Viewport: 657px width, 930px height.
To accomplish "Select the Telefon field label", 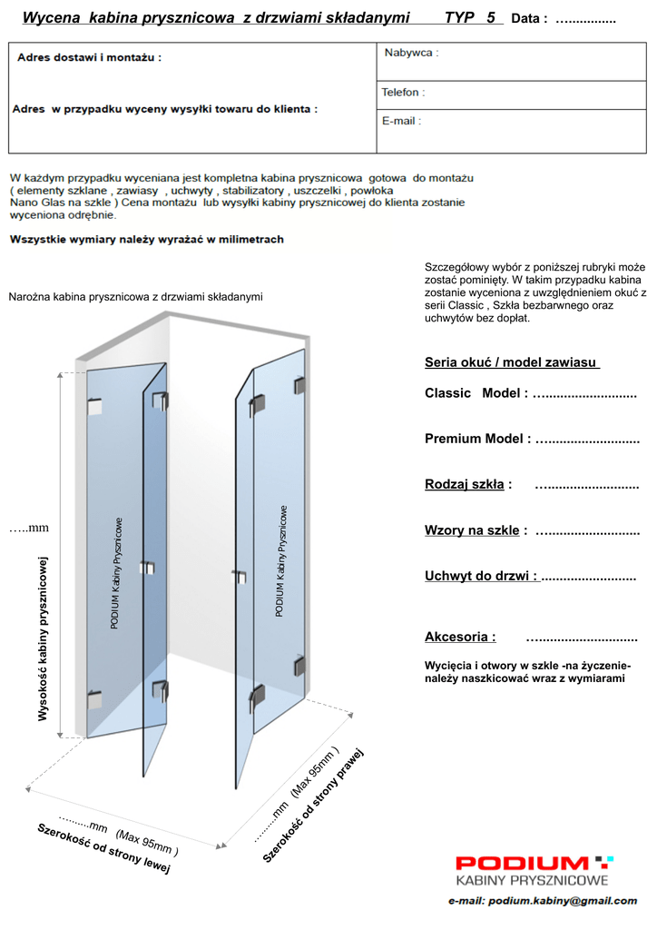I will (x=402, y=93).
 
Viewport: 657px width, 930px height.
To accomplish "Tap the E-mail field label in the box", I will (x=400, y=121).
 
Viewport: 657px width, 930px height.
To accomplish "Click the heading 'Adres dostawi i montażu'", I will (x=90, y=57).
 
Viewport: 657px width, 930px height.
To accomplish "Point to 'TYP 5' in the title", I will (x=470, y=17).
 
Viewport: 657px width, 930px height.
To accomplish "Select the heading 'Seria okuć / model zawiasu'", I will (x=512, y=362).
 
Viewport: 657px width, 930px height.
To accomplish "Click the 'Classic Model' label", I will (x=476, y=393).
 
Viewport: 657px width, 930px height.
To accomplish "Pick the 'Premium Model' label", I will (x=477, y=439).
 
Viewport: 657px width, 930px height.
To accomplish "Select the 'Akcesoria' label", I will (x=460, y=637).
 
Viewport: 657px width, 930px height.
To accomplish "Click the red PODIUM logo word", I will (x=523, y=863).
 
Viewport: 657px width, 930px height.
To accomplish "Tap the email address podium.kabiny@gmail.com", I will (x=543, y=901).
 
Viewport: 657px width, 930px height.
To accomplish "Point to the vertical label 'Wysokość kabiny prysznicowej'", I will (x=42, y=639).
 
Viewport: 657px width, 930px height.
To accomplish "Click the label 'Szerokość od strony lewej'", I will (x=103, y=849).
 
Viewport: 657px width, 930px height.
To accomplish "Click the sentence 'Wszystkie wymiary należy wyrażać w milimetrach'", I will (x=146, y=240).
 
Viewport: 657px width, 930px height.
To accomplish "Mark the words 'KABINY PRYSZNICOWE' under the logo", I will (x=532, y=880).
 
